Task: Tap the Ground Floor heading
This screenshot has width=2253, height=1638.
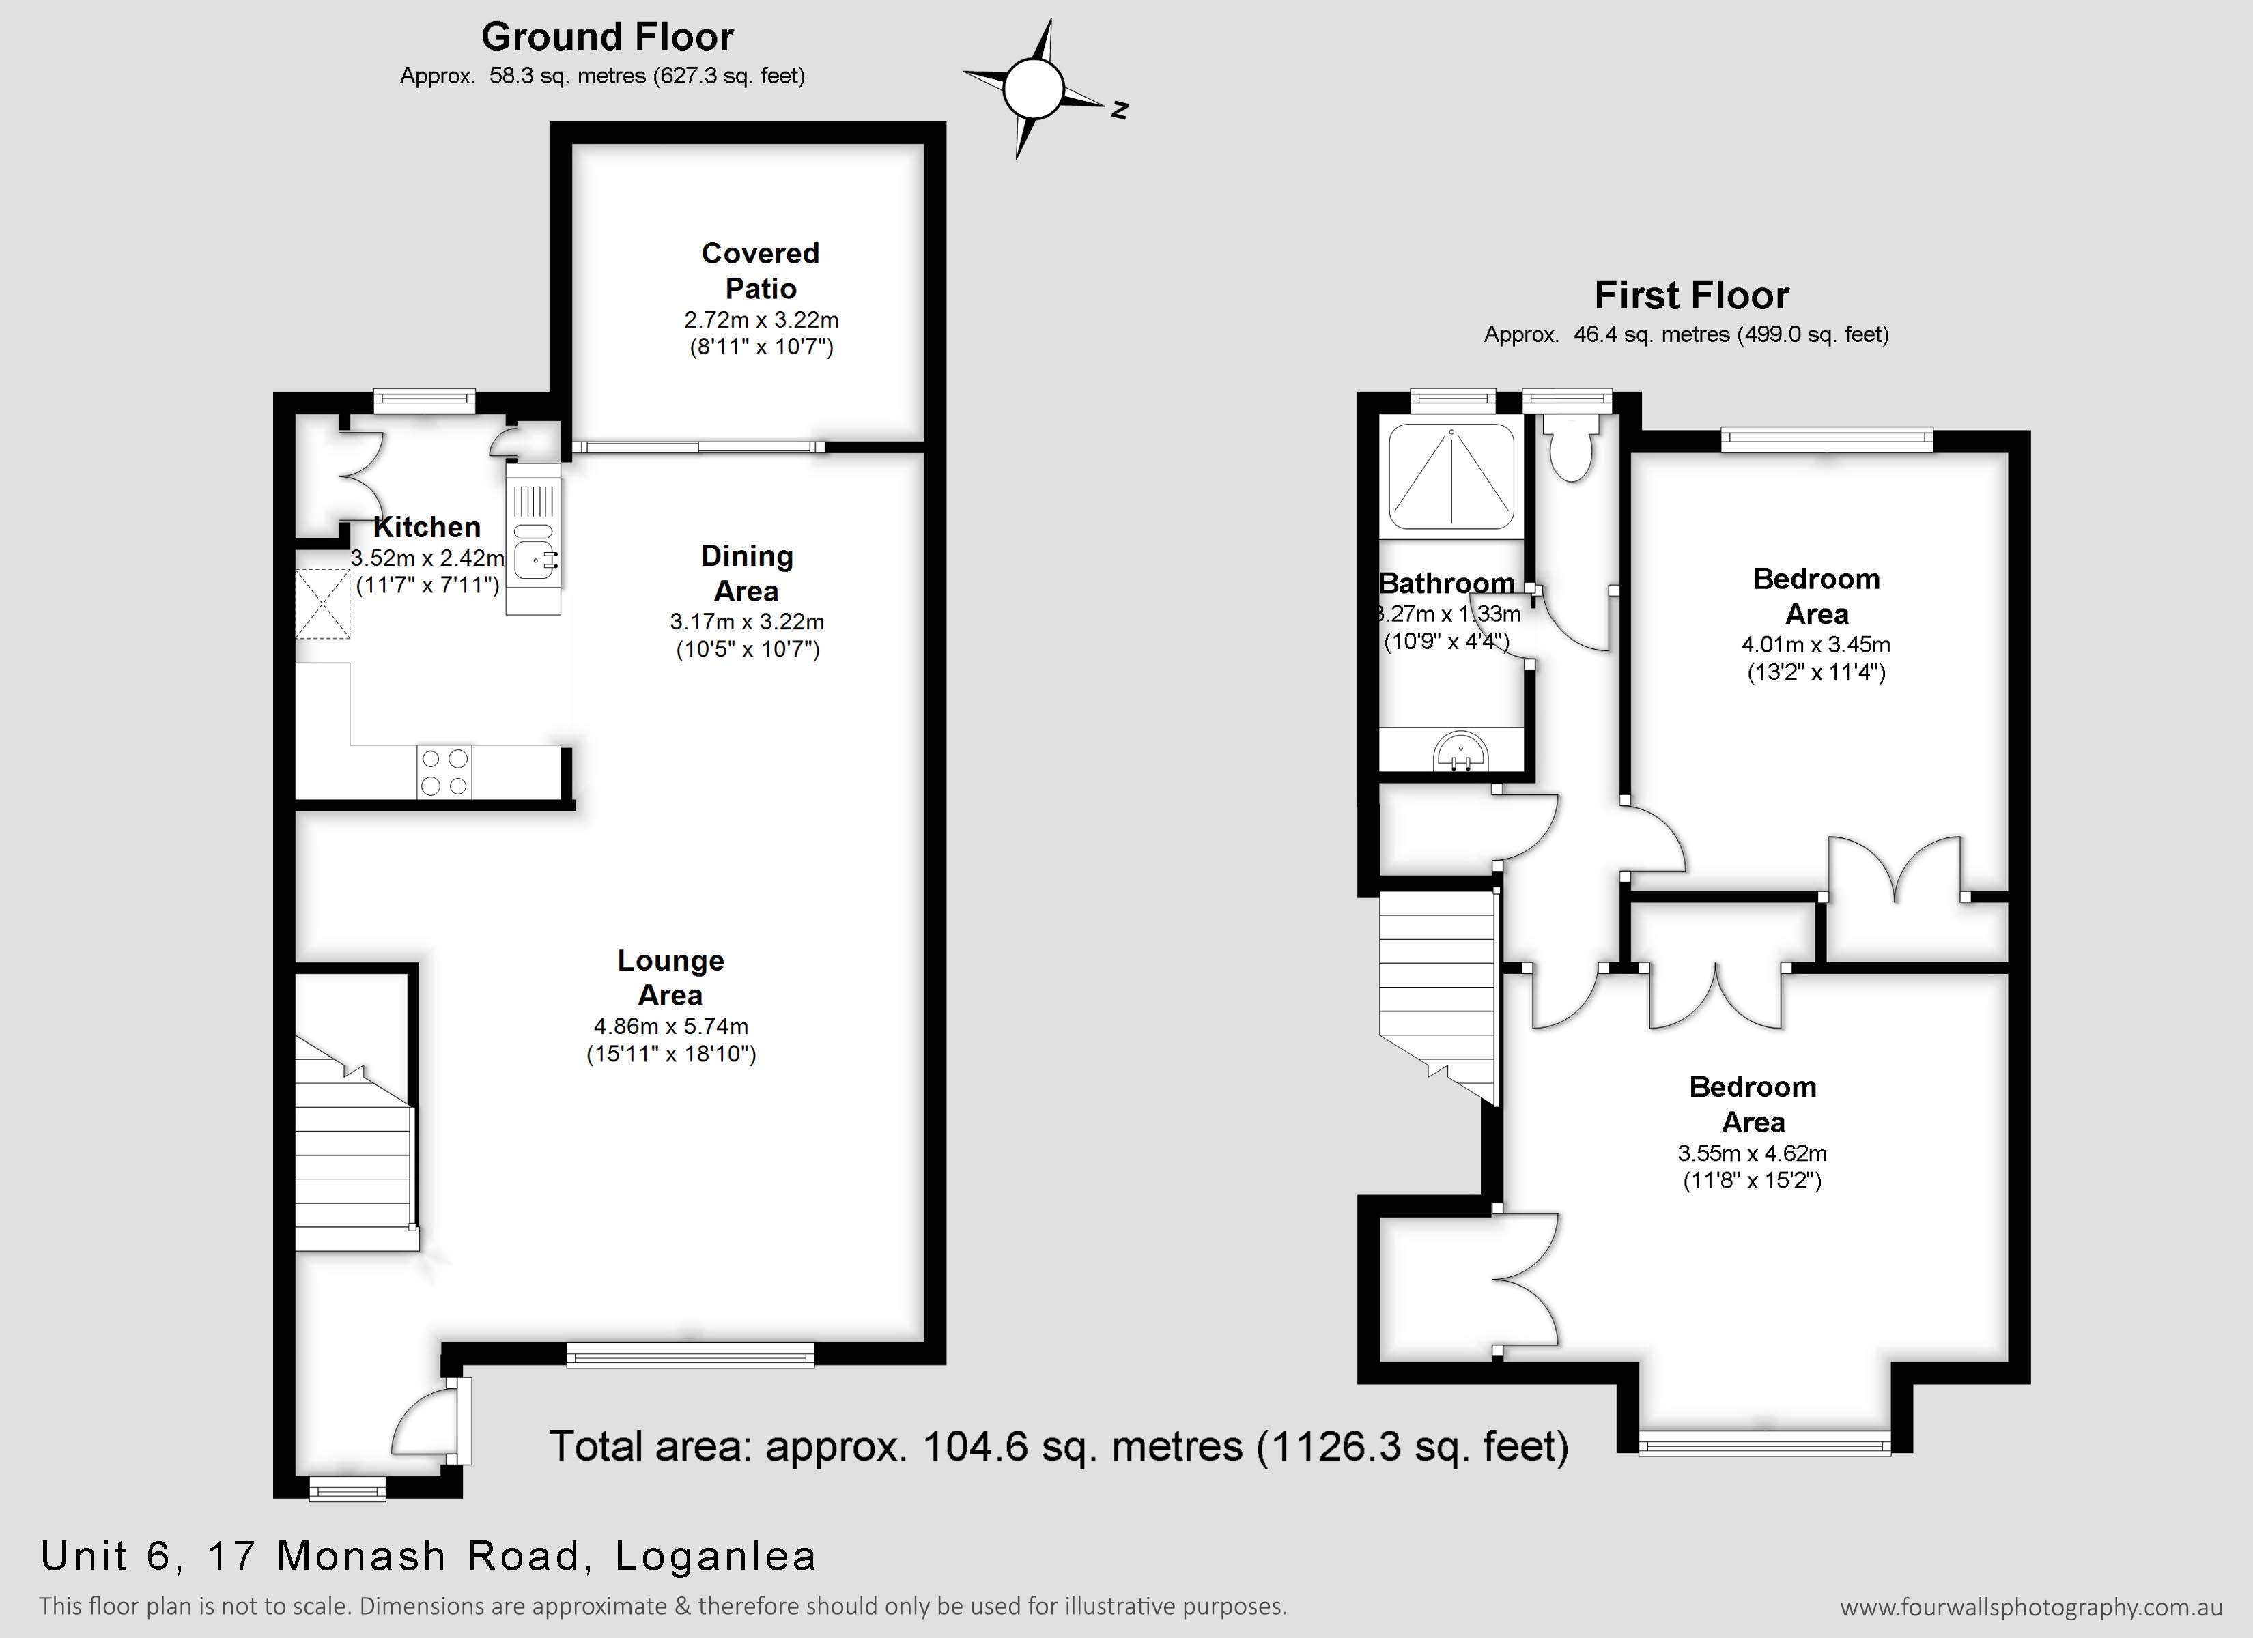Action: [x=607, y=37]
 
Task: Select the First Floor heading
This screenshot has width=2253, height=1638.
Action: [x=1692, y=295]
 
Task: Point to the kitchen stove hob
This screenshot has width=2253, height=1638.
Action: [x=444, y=772]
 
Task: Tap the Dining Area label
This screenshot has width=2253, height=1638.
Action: [x=747, y=573]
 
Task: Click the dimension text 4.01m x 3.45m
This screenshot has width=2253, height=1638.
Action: [x=1816, y=645]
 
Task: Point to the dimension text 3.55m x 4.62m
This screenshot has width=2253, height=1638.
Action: [x=1753, y=1153]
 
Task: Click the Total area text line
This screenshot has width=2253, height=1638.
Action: [x=1059, y=1446]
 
